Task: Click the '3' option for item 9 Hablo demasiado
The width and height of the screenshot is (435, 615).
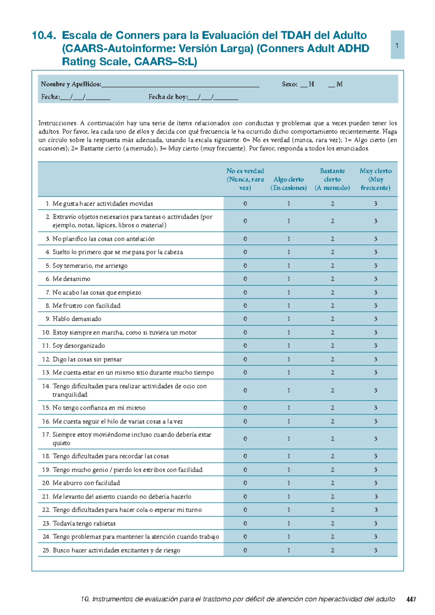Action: tap(376, 319)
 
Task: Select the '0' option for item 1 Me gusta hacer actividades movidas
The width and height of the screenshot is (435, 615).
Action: tap(245, 204)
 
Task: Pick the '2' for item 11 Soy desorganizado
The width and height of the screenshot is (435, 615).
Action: tap(332, 346)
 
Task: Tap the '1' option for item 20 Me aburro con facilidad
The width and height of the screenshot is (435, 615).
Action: tap(289, 483)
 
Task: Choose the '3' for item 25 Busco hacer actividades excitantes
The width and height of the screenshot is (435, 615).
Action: tap(376, 550)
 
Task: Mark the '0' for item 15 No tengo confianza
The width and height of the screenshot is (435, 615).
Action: tap(245, 408)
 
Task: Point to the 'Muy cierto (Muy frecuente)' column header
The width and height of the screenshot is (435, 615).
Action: tap(376, 179)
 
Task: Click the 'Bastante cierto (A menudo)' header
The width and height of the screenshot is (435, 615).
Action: tap(332, 179)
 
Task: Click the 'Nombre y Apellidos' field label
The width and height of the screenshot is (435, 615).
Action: tap(71, 84)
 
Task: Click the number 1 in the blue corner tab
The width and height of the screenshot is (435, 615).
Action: tap(397, 45)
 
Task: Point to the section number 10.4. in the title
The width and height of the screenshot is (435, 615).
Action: tap(44, 36)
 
